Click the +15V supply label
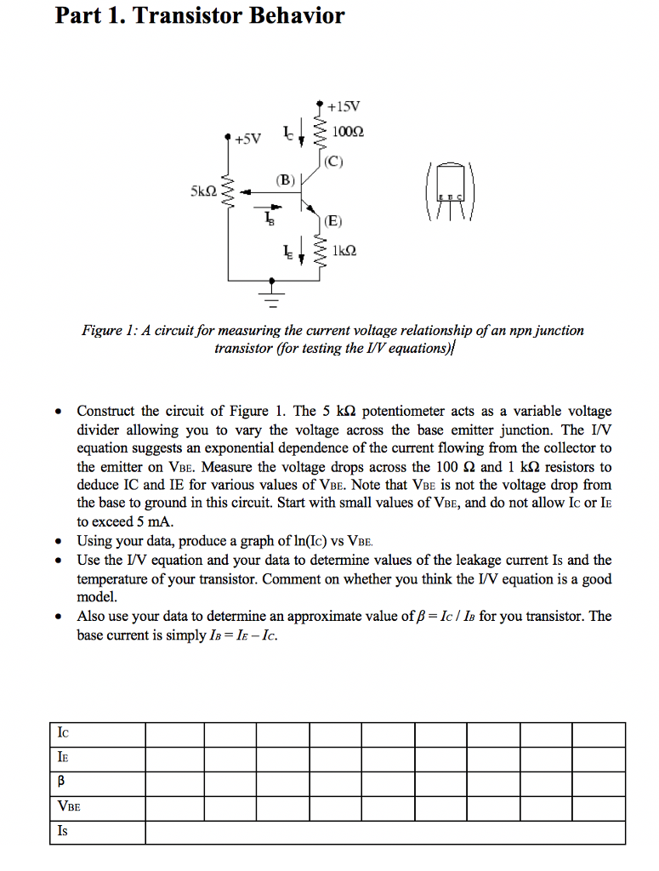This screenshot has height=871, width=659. [344, 107]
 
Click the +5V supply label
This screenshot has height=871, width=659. [250, 138]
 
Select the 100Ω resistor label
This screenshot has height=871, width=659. [349, 133]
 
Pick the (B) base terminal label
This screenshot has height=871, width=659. [284, 179]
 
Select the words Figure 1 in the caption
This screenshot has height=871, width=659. [105, 330]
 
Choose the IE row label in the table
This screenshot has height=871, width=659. [63, 757]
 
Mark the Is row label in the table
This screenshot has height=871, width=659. [62, 832]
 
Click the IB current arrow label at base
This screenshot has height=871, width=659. [270, 219]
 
